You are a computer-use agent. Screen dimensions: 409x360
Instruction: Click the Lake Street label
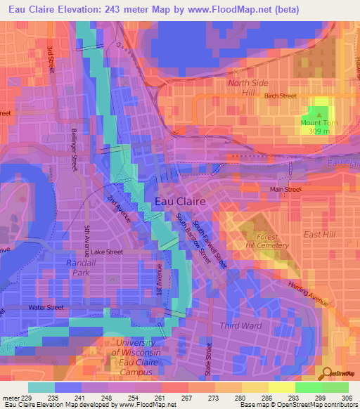coord(107,252)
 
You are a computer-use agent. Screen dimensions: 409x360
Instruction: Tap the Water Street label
coord(46,307)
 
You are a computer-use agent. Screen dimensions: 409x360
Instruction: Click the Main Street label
coord(286,190)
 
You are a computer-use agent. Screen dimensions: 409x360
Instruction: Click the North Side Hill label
coord(248,87)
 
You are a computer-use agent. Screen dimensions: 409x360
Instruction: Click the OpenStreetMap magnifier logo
coord(326,374)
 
